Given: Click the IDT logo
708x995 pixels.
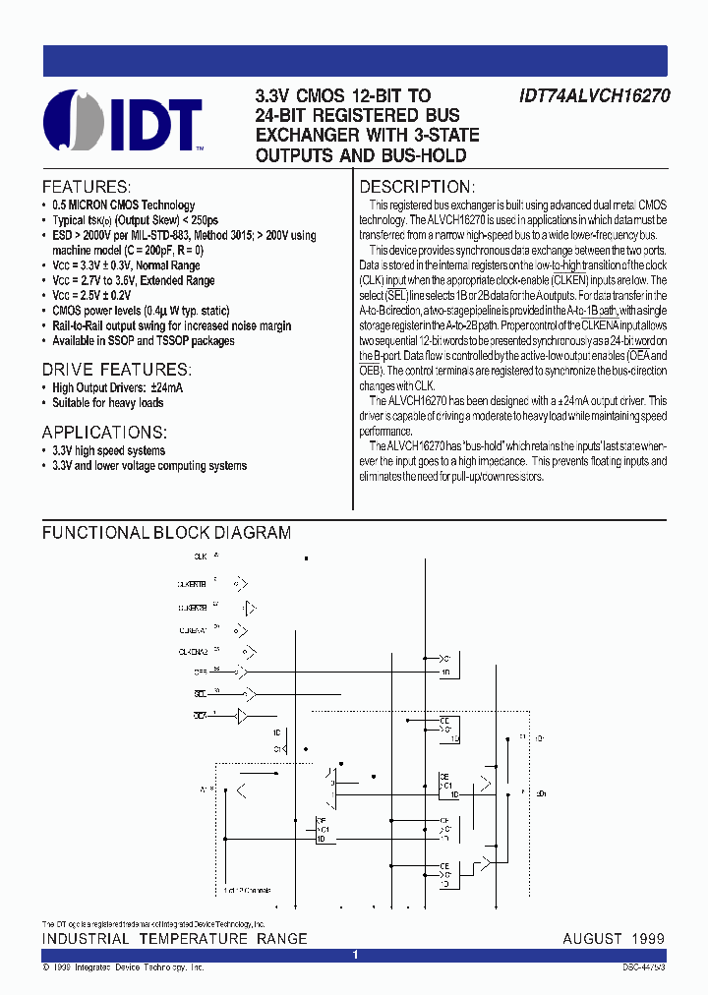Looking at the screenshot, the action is pos(123,121).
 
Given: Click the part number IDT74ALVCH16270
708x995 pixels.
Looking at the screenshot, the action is pos(592,96).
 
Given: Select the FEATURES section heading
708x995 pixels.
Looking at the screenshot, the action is pos(86,187).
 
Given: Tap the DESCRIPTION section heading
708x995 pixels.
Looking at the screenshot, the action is pos(417,187).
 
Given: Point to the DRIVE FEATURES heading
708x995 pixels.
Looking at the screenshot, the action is pos(116,369).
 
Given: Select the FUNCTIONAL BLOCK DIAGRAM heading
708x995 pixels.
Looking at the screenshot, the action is pos(166,533).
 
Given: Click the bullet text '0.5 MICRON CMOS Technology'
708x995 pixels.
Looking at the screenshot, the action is pos(124,205).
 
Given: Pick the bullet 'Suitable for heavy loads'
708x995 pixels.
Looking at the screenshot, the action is pos(108,402).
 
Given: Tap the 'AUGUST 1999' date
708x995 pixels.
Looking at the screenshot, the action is pos(614,938).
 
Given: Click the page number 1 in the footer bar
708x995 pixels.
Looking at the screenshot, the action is pos(355,955).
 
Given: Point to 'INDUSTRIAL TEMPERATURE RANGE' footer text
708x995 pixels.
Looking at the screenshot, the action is pos(174,938).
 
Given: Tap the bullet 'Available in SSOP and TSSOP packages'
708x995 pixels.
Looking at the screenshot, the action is pos(144,341).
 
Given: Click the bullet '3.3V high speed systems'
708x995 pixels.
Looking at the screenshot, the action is pos(109,450).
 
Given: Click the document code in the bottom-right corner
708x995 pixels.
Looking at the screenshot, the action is pos(643,968).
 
